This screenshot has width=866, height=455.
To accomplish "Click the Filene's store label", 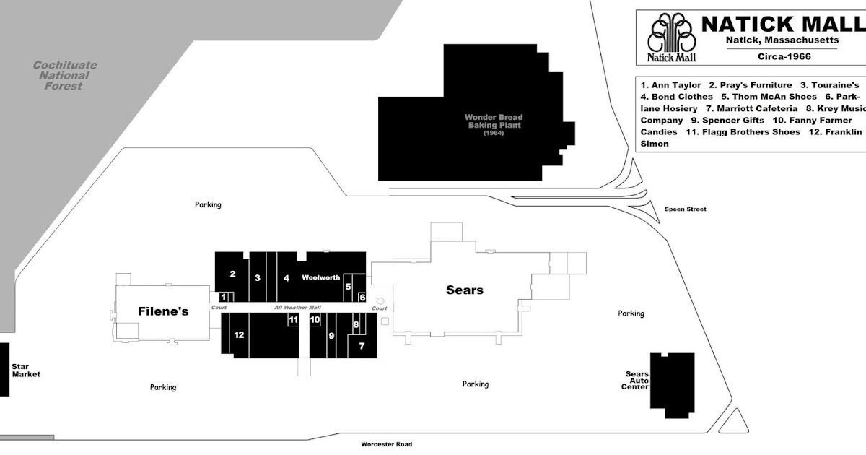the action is (x=163, y=311).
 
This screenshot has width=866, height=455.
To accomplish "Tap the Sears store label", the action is (x=464, y=290).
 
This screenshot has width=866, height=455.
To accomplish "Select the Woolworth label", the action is (x=320, y=277).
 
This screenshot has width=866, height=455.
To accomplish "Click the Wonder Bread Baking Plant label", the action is (x=493, y=121).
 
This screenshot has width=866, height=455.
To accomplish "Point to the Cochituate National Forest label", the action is (x=65, y=75).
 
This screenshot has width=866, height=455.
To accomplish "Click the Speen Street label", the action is (x=685, y=209).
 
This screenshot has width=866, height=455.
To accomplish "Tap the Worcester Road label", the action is (x=388, y=445).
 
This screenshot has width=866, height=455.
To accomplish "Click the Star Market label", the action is (x=26, y=370).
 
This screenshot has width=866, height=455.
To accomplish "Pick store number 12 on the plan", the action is (x=239, y=334).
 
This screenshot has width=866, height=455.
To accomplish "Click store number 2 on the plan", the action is (x=232, y=273).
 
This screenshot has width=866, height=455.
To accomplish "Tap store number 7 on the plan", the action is (x=362, y=346).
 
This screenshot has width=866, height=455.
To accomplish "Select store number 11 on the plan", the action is (x=293, y=319).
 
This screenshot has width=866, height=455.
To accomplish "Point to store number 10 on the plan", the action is (x=315, y=319).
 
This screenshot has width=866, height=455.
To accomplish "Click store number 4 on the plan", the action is (x=286, y=277).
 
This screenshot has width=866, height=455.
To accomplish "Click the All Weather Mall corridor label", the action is (x=297, y=308).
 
